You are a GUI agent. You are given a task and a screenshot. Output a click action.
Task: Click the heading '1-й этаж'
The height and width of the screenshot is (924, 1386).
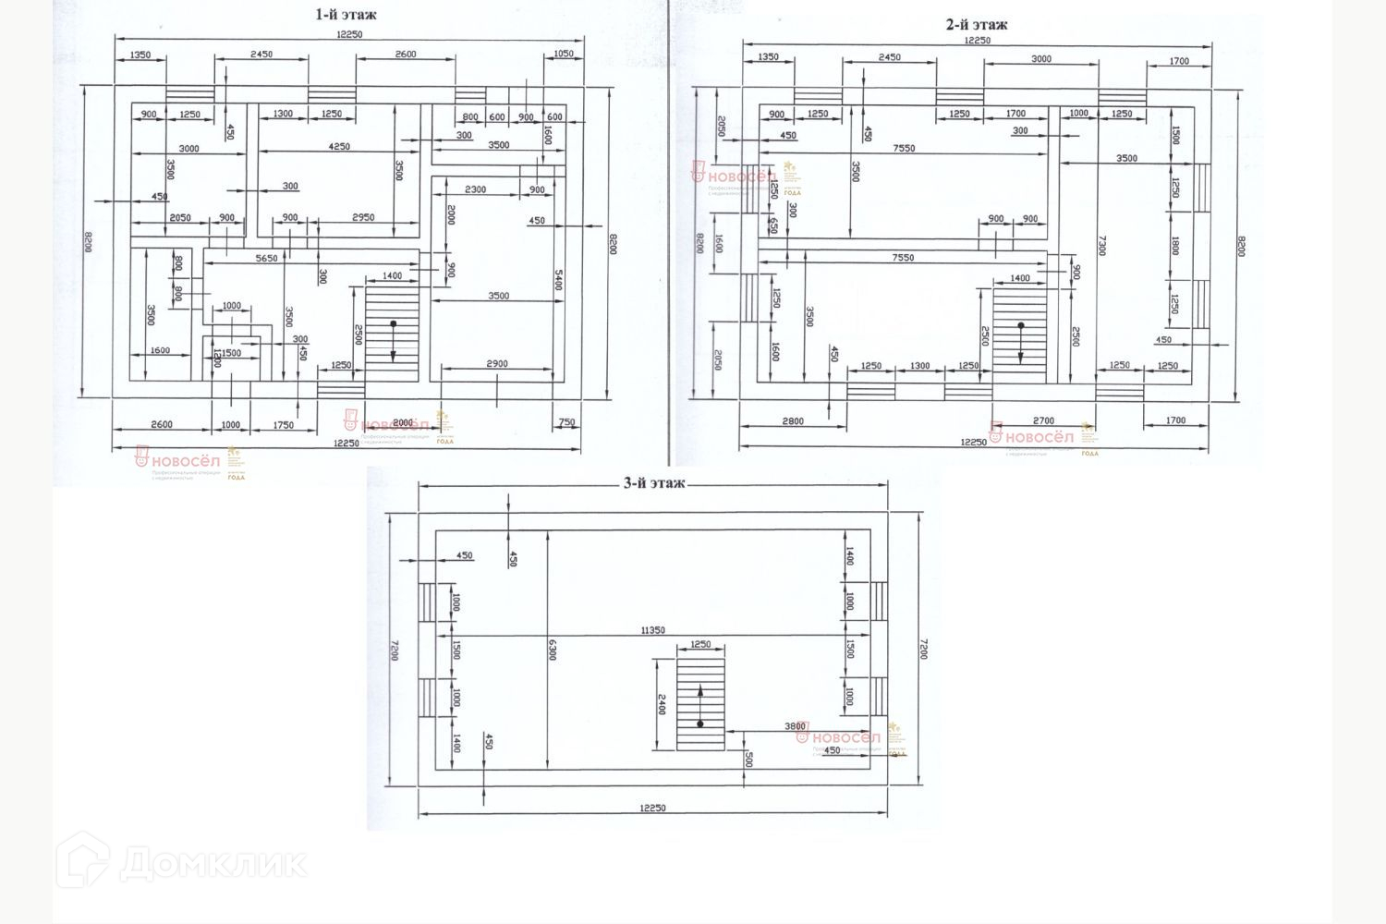click(346, 15)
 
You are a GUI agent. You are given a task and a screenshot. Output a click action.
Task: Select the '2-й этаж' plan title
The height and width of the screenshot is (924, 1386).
click(977, 25)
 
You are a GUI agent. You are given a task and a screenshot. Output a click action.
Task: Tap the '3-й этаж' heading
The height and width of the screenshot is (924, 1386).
click(653, 482)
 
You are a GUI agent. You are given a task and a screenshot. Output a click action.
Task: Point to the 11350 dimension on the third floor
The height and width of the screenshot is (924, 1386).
click(653, 630)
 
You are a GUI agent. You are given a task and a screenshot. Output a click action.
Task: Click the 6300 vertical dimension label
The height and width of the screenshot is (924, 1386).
click(553, 650)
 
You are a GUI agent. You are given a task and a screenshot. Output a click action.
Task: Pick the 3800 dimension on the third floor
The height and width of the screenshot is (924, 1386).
click(796, 726)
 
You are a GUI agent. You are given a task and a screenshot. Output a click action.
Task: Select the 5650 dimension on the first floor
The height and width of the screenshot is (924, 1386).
click(266, 259)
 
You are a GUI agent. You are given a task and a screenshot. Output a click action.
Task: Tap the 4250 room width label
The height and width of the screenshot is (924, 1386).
click(339, 146)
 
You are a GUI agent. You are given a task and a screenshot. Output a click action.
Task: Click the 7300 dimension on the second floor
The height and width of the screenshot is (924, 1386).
click(1101, 245)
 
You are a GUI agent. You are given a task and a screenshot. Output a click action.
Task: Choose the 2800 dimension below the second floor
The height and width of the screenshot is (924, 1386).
click(793, 421)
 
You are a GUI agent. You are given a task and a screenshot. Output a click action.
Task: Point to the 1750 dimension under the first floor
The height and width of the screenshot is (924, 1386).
click(284, 425)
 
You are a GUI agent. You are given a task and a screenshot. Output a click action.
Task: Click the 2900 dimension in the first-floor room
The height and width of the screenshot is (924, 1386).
click(496, 364)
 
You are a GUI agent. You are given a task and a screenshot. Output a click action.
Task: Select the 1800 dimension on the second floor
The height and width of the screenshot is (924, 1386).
click(1174, 246)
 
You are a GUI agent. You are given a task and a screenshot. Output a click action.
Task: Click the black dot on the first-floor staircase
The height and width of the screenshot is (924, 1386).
click(393, 323)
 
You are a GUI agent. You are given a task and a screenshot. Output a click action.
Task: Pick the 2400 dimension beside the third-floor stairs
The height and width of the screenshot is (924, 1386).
click(662, 704)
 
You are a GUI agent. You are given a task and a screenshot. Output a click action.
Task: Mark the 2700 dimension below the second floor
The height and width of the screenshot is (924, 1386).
click(1043, 421)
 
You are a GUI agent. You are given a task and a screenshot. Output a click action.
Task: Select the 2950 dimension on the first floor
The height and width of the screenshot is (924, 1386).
click(363, 217)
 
